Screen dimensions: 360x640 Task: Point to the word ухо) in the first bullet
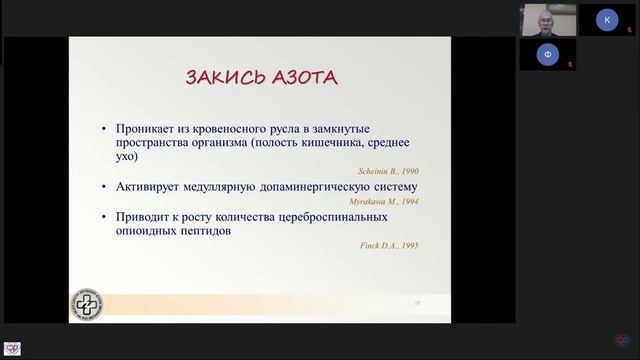tap(128, 157)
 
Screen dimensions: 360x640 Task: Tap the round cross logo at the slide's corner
tap(86, 304)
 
